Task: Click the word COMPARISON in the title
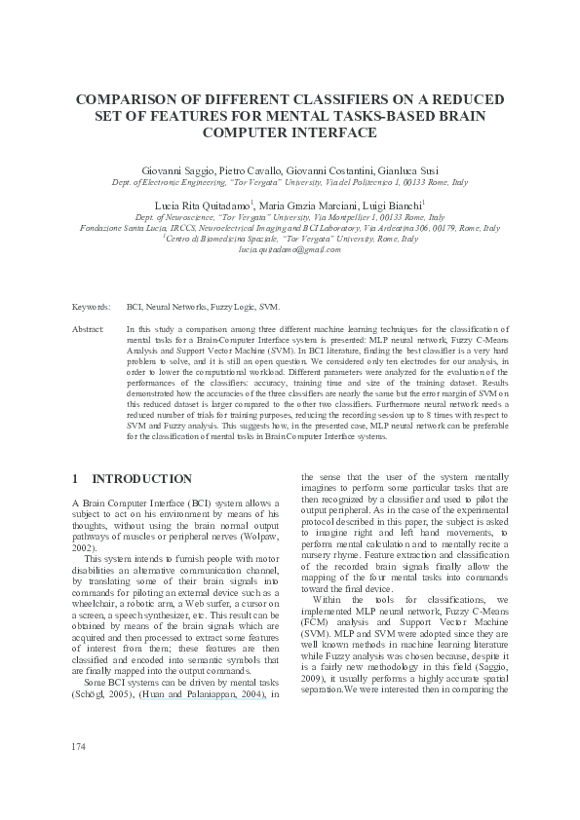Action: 132,100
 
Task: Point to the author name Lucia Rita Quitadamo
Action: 205,206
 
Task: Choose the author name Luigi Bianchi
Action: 387,206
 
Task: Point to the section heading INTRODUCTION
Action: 141,479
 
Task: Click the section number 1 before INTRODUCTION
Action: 76,479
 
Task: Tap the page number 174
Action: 80,773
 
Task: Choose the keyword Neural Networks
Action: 176,306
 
